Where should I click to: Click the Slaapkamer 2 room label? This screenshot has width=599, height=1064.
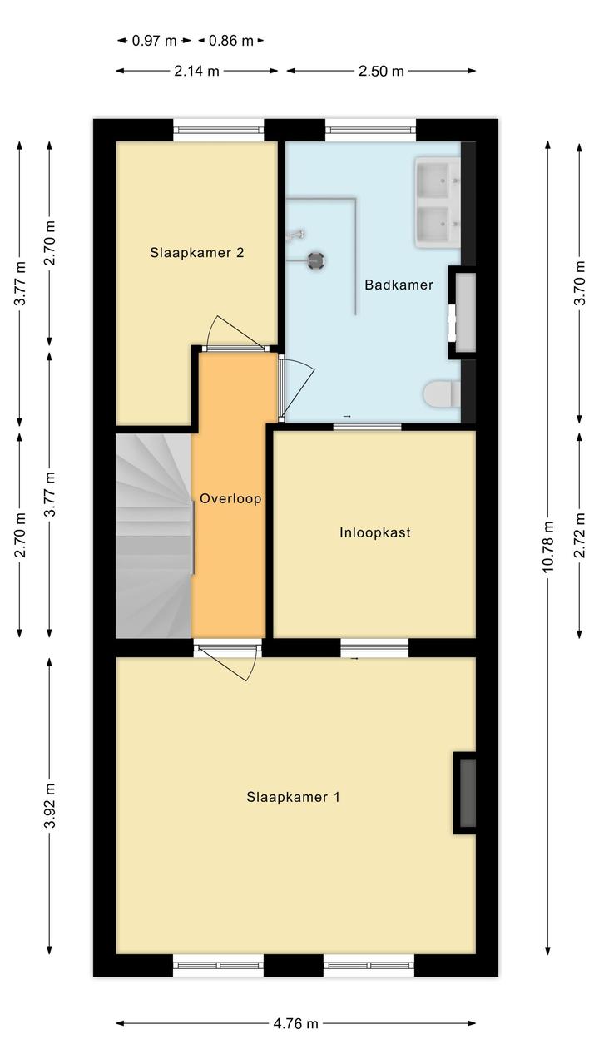(x=196, y=252)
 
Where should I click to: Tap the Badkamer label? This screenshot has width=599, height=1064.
(x=399, y=285)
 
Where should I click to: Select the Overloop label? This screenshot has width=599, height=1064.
(x=230, y=498)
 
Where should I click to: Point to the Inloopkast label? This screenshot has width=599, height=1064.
(x=374, y=532)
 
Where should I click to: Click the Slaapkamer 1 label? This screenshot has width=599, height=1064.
(x=293, y=797)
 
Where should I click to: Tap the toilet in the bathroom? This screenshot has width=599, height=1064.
(x=442, y=393)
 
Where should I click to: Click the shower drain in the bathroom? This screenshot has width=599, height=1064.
(x=316, y=260)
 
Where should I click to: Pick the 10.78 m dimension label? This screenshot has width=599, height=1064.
(x=547, y=547)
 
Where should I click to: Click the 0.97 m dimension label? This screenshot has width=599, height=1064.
(x=154, y=41)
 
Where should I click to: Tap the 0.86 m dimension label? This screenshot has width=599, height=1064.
(x=230, y=41)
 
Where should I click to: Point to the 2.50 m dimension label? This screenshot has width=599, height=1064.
(x=381, y=72)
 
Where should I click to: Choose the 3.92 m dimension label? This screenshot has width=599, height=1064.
(x=49, y=805)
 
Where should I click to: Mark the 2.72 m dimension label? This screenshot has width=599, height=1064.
(x=580, y=534)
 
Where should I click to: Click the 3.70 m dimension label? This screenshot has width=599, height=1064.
(x=580, y=283)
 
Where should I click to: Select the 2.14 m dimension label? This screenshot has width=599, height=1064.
(x=196, y=72)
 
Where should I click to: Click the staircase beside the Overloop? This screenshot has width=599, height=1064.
(x=154, y=535)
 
